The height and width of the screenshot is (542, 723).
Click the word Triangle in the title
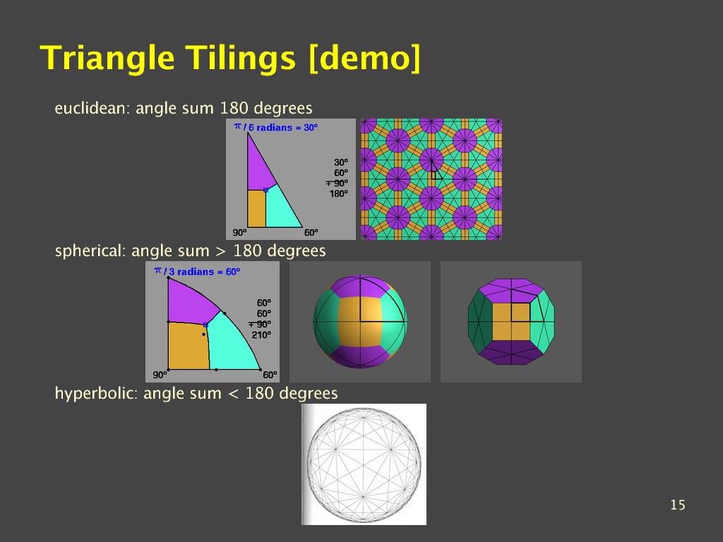[107, 58]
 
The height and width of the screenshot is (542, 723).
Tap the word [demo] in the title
[364, 58]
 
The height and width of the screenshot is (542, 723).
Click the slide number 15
[677, 505]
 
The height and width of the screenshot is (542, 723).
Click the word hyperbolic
[95, 394]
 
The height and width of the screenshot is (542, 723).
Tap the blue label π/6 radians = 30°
[276, 127]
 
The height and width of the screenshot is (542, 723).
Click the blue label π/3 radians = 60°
[197, 271]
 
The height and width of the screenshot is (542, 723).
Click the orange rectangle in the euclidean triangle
[257, 208]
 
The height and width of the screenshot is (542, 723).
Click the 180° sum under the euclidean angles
[338, 193]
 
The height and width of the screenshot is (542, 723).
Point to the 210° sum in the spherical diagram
[261, 335]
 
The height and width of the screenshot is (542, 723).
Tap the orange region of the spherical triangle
[186, 347]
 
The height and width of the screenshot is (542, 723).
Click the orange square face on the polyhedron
[511, 321]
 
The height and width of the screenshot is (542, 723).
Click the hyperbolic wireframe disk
[364, 464]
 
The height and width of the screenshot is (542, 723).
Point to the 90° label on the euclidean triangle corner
[239, 233]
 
